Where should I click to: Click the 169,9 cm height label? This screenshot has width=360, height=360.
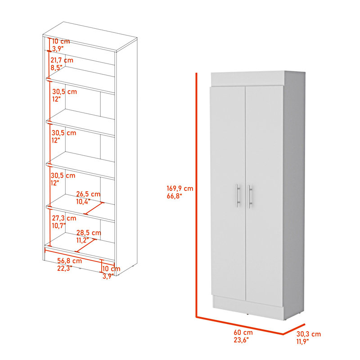(x=180, y=189)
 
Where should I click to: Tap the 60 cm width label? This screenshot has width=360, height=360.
(x=243, y=333)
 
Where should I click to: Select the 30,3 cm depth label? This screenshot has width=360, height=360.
(x=308, y=334)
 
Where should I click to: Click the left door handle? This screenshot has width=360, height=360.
(x=238, y=195)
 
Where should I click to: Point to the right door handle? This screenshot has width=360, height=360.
(x=250, y=197)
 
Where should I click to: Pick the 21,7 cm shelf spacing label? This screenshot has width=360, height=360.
(x=62, y=60)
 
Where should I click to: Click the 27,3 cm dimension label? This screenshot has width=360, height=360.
(x=64, y=218)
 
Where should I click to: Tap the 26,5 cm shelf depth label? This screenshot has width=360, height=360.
(x=88, y=194)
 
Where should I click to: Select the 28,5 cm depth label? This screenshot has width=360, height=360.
(x=89, y=233)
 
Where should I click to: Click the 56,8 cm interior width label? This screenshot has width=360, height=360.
(x=69, y=261)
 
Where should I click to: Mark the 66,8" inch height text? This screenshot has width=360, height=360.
(x=174, y=196)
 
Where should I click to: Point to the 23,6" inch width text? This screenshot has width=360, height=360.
(x=241, y=340)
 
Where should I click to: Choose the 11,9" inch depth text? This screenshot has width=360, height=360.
(x=303, y=342)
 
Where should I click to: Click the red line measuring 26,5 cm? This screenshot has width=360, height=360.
(x=94, y=208)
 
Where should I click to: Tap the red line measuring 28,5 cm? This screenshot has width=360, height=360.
(x=86, y=246)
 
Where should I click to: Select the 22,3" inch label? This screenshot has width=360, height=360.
(x=64, y=268)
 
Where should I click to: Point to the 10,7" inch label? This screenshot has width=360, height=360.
(x=59, y=226)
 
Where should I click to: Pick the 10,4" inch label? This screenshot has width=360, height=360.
(x=83, y=202)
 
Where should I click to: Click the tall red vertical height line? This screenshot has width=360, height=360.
(x=197, y=195)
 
